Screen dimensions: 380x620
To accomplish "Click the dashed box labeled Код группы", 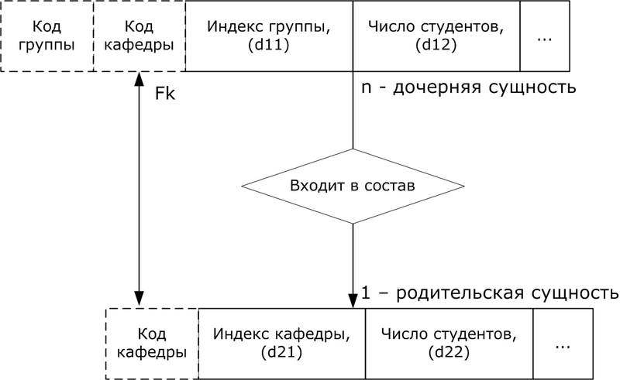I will click(47, 36).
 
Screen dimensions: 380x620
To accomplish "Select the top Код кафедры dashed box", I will click(139, 36).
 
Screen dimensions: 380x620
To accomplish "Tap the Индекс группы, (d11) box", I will click(269, 36).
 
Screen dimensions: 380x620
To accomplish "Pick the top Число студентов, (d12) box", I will click(436, 36).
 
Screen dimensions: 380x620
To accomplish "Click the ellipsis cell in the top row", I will click(544, 36).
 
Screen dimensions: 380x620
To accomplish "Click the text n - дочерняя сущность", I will click(468, 87).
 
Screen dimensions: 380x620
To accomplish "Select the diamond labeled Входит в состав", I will click(353, 187).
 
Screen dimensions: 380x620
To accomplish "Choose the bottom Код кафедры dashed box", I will click(151, 344).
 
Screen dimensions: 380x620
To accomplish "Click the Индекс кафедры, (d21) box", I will click(281, 344).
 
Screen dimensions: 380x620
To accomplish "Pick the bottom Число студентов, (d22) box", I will click(449, 344).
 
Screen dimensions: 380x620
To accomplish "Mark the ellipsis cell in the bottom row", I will click(563, 344).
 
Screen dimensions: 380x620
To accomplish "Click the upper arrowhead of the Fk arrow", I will click(139, 78).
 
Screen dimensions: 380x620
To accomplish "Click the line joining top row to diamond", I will click(353, 112).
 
